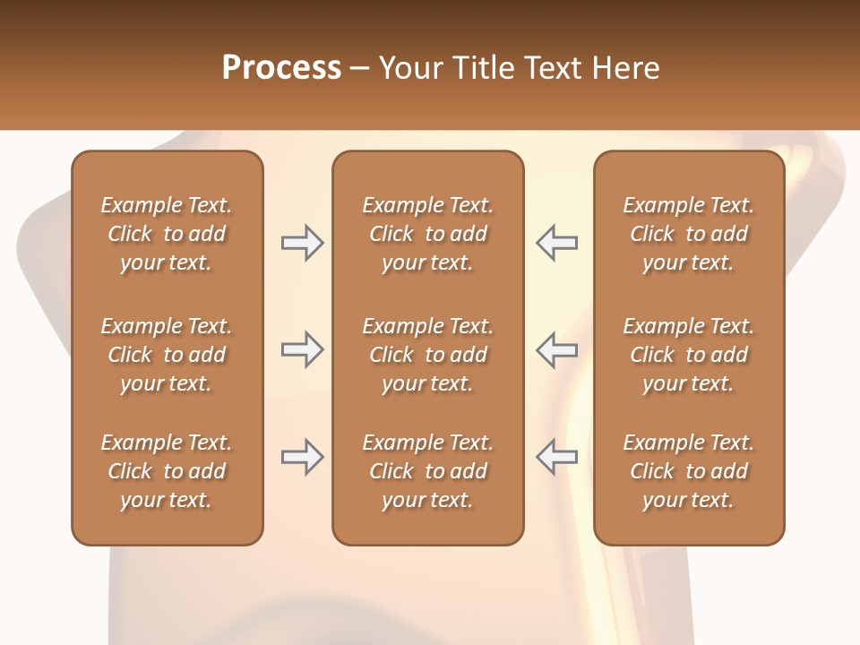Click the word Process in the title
click(281, 67)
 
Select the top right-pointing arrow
click(302, 243)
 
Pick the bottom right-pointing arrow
click(302, 457)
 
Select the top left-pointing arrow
click(557, 243)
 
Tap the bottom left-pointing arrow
click(557, 457)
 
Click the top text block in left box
click(167, 234)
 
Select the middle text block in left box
click(167, 355)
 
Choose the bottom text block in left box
click(167, 471)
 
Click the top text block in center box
click(427, 234)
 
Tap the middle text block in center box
click(427, 355)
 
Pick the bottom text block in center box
click(427, 471)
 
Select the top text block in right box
click(688, 234)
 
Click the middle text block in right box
click(688, 355)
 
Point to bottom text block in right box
click(688, 471)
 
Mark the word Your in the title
click(409, 67)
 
